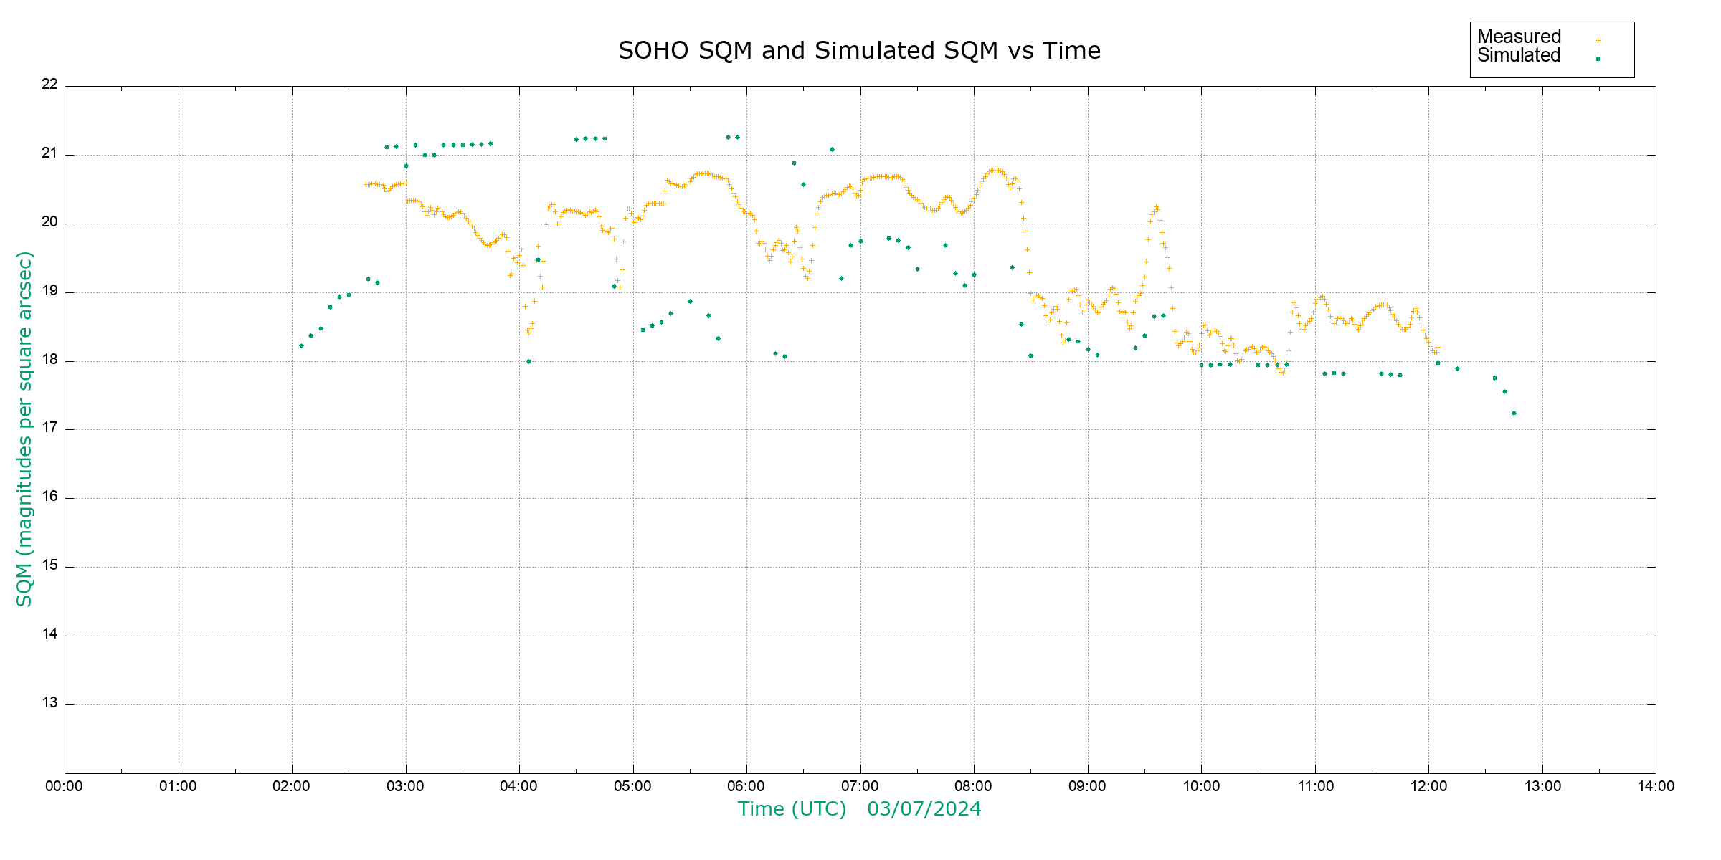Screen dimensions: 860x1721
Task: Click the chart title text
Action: coord(859,51)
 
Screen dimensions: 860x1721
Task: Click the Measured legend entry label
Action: coord(1519,37)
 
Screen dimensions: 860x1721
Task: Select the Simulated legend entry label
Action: coord(1519,56)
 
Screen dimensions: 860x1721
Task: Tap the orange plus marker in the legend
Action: coord(1598,41)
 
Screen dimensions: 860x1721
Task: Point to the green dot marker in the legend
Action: coord(1598,59)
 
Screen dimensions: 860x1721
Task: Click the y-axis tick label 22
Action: coord(49,84)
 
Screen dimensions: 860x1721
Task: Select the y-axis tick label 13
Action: coord(49,703)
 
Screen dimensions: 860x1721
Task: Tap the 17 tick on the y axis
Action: coord(49,429)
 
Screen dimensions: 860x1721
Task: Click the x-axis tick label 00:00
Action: coord(64,786)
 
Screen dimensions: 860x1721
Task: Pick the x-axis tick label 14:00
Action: coord(1656,786)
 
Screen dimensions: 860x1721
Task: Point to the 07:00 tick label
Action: coord(860,786)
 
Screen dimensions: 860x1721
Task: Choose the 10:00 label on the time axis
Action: coord(1201,786)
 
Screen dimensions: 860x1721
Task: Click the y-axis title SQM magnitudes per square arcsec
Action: coord(25,429)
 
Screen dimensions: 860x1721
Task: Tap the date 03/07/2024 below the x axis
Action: coord(924,809)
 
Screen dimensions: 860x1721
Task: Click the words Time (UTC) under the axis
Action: coord(792,809)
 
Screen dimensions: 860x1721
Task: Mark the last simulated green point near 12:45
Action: coord(1514,413)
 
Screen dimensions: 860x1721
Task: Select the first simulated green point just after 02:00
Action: coord(301,346)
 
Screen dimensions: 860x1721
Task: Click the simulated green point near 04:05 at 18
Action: coord(528,361)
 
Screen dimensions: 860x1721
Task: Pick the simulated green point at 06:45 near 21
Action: coord(832,150)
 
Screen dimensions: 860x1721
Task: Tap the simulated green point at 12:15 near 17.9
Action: coord(1457,369)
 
